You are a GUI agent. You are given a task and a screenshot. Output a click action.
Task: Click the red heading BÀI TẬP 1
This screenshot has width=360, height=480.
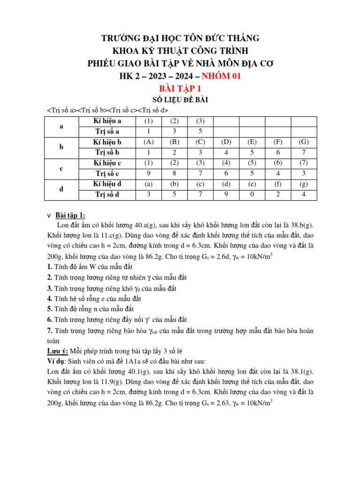click(x=180, y=89)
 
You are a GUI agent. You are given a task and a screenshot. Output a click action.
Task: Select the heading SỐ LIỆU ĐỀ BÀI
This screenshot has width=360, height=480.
click(x=180, y=100)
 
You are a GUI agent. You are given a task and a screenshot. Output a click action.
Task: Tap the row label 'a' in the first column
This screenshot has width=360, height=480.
click(x=61, y=127)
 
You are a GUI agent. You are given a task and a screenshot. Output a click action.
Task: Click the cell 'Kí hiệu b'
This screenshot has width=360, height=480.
click(x=107, y=142)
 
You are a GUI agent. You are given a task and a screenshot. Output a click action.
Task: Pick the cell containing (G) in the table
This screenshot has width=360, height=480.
click(x=303, y=142)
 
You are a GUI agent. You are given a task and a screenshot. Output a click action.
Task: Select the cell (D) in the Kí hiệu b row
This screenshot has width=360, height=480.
click(x=226, y=142)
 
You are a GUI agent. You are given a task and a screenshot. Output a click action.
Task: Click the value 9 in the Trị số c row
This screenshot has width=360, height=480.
click(x=149, y=173)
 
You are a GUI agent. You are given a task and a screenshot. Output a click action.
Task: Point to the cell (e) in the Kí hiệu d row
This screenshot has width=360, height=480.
click(x=252, y=184)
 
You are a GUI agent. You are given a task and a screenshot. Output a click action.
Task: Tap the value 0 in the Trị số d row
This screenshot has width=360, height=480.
click(x=252, y=194)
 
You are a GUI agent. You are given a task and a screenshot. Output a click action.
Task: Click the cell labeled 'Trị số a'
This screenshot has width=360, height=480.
click(x=107, y=132)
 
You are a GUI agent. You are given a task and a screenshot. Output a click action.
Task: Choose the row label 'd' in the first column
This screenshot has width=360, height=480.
click(x=61, y=189)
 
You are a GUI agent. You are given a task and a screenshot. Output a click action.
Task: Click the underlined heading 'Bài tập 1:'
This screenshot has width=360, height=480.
click(x=70, y=215)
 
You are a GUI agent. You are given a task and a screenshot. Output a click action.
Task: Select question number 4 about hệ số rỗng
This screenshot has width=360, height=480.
click(x=50, y=298)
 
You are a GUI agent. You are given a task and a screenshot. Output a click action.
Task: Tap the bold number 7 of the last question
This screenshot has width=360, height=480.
click(x=50, y=331)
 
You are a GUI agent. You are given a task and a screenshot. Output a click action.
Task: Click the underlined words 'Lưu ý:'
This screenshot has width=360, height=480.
click(x=58, y=351)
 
